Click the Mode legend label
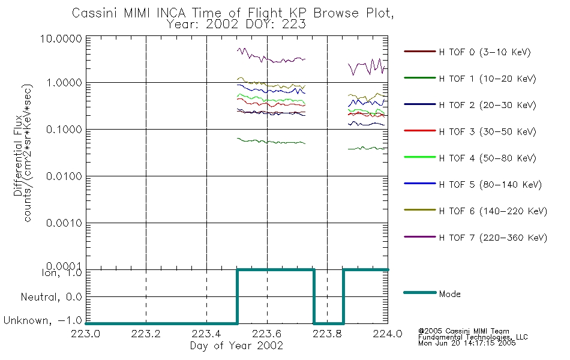coord(449,294)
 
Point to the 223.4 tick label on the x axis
coord(206,334)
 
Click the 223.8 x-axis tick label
coord(327,334)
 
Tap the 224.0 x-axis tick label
coord(388,334)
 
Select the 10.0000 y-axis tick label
coord(61,38)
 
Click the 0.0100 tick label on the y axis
coord(64,176)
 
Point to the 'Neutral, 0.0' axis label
coord(51,297)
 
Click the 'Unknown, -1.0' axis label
coord(43,320)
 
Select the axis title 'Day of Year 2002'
coord(236,346)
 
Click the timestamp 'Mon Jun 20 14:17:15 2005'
coord(467,343)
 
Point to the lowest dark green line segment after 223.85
coord(366,148)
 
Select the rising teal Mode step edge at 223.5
coord(238,296)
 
